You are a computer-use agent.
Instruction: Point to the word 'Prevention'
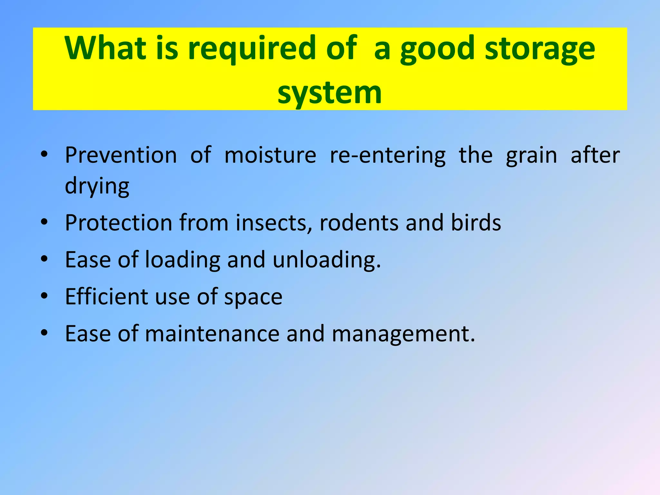pos(121,155)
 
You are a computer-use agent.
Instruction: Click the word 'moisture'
pos(270,155)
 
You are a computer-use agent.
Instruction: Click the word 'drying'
pos(97,186)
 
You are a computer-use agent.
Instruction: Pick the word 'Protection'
pos(119,223)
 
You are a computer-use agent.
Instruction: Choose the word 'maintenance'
pos(212,334)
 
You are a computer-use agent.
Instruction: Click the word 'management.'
pos(403,334)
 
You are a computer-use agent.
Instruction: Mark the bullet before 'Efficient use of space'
pos(44,296)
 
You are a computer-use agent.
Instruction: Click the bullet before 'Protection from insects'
pos(44,222)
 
